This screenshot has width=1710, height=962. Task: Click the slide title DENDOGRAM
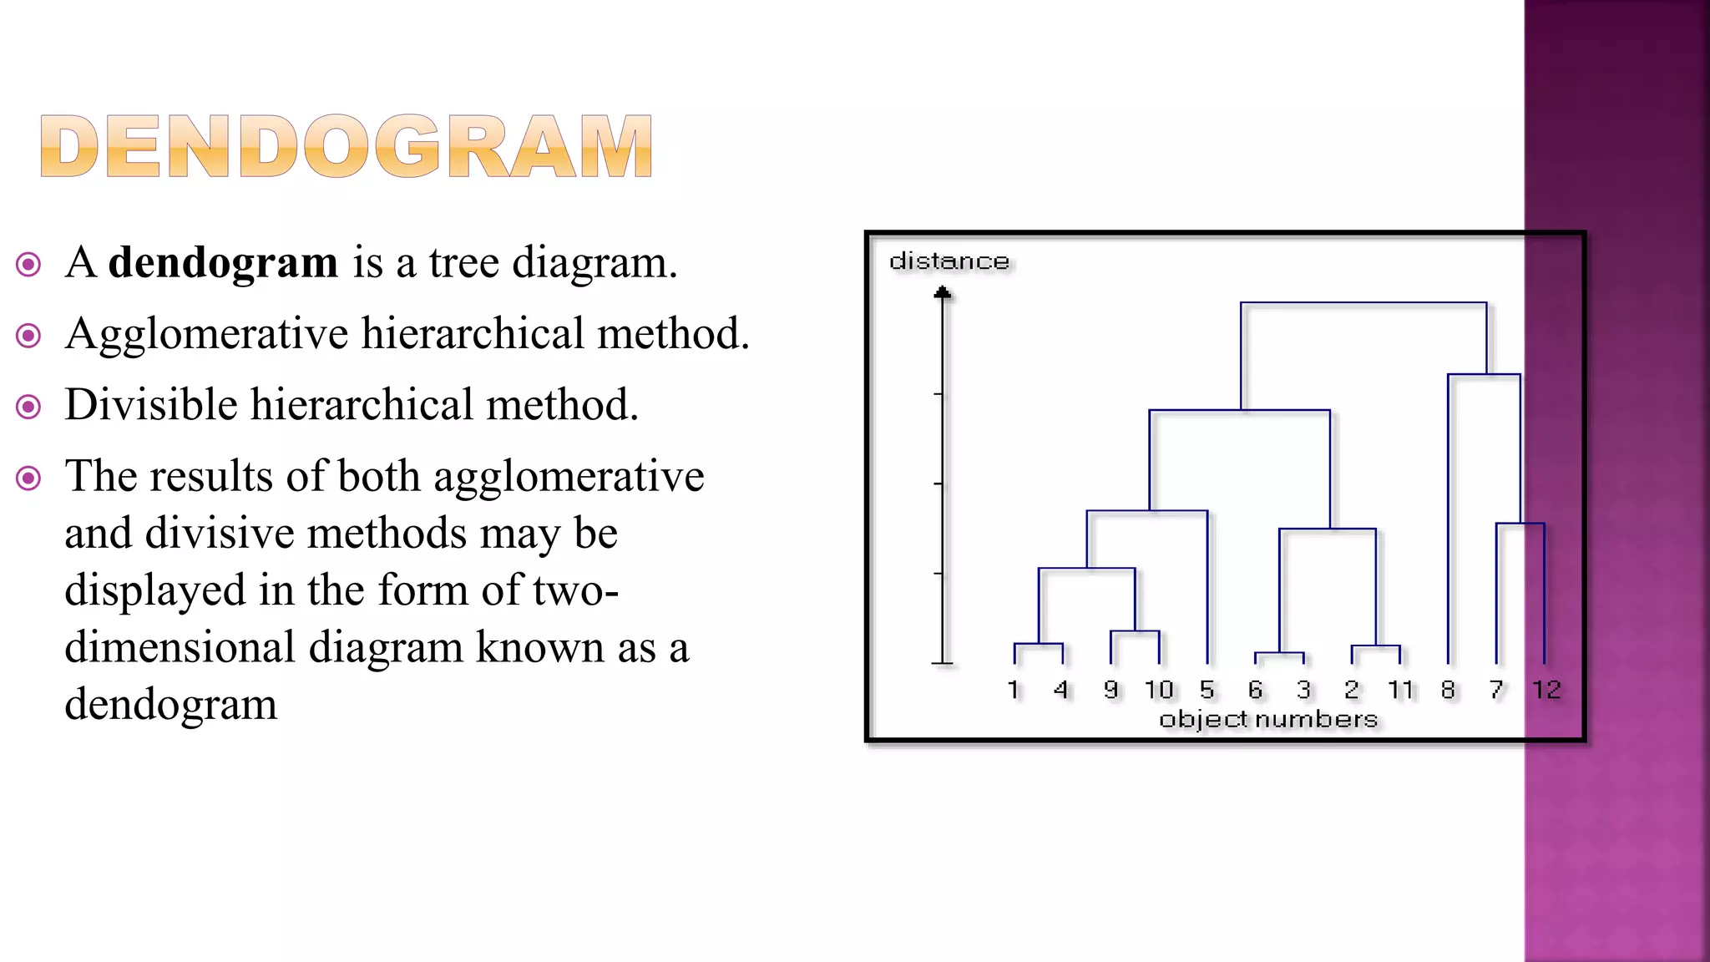(346, 147)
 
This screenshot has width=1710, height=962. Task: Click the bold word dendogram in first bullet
(223, 263)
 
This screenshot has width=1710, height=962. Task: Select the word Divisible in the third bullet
(151, 405)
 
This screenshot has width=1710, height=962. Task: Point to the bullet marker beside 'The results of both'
(28, 478)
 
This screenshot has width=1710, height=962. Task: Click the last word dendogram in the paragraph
(170, 704)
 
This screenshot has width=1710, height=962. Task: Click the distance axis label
(949, 261)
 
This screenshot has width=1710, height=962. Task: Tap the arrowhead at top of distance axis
(943, 292)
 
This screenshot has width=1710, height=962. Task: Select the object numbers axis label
(1268, 719)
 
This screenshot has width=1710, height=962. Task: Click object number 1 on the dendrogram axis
(1014, 690)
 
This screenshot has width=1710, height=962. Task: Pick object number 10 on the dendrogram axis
(1159, 690)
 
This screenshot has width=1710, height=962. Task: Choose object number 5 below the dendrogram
(1207, 690)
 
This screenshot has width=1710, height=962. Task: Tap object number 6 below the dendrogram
(1255, 690)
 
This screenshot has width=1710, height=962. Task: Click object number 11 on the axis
(1400, 690)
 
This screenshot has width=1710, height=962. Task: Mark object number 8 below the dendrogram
(1448, 690)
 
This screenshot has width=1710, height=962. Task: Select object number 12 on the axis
(1546, 690)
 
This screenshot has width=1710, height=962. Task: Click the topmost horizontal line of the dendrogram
(1363, 303)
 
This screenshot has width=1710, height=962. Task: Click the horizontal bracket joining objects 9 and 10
(1135, 631)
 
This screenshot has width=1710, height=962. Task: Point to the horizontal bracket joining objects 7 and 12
(1520, 524)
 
